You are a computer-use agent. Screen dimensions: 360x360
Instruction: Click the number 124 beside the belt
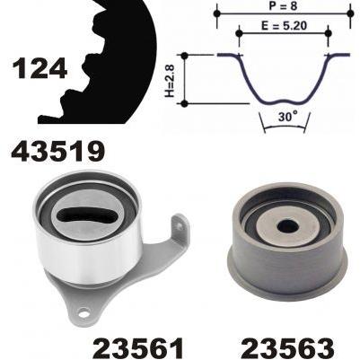[x=40, y=68]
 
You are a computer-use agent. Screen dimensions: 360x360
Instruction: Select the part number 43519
[x=58, y=152]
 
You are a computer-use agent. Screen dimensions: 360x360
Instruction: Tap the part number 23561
[x=138, y=348]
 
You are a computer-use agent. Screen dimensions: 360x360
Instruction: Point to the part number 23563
[x=288, y=348]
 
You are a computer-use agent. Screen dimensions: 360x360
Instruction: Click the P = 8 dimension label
[x=283, y=5]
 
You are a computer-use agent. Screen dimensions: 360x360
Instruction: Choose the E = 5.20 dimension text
[x=284, y=26]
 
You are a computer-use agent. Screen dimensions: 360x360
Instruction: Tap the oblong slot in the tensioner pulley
[x=86, y=215]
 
